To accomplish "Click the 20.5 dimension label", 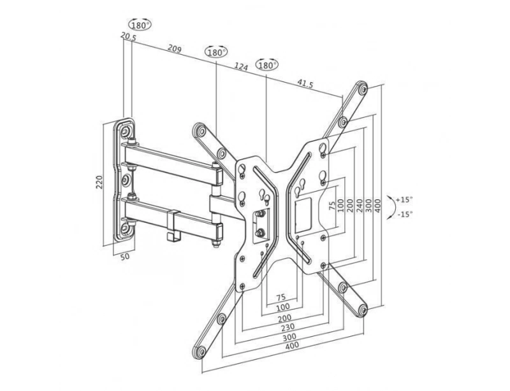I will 127,38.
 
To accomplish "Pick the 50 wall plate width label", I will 125,258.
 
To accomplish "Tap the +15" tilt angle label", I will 404,199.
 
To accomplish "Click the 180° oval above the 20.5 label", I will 140,25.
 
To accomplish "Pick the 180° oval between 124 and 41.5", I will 267,65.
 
